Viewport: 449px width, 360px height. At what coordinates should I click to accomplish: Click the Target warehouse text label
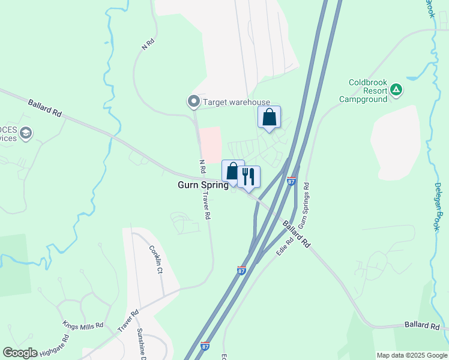[x=237, y=103]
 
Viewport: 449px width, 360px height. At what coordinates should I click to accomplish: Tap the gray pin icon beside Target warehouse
[x=193, y=103]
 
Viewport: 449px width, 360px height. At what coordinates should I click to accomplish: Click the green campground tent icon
[x=396, y=91]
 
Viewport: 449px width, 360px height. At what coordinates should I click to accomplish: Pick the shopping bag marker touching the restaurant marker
[x=232, y=171]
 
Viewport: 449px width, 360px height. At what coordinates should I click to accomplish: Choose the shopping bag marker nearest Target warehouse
[x=269, y=117]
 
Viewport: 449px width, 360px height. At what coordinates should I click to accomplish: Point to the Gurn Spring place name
[x=203, y=185]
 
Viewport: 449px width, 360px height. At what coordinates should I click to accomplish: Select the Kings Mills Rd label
[x=83, y=325]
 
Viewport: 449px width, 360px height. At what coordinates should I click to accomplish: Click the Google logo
[x=20, y=353]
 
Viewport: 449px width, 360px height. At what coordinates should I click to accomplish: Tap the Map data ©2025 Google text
[x=412, y=355]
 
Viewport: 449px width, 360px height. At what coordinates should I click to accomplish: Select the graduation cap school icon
[x=26, y=133]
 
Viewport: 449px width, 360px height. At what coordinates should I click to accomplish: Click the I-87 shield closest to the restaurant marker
[x=292, y=181]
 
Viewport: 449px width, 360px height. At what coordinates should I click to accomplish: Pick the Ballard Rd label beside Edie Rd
[x=297, y=235]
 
